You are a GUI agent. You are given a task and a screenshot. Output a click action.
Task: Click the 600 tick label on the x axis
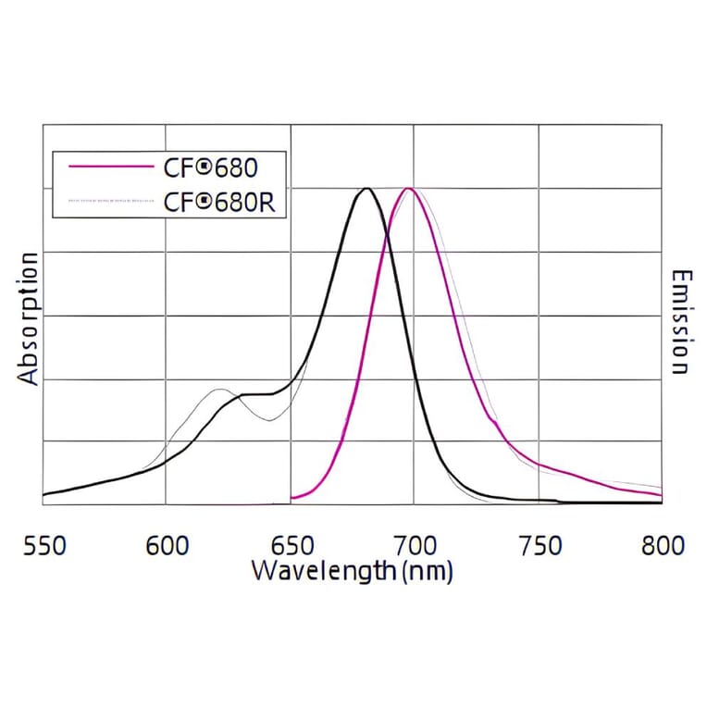coord(167,546)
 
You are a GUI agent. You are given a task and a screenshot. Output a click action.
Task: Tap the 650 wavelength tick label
coord(291,546)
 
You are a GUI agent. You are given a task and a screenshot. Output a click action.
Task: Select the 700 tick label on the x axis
coord(414,546)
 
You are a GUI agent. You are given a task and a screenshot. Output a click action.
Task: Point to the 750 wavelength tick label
coord(538,546)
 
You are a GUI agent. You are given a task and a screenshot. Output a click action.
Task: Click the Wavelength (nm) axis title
coord(352,571)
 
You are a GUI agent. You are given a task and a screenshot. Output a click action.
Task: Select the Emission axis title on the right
coord(680,322)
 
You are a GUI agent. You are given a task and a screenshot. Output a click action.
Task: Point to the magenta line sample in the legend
coord(109,167)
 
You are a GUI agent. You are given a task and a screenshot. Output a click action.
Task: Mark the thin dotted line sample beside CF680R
coord(109,199)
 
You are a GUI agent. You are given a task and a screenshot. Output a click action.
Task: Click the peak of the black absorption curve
coord(367,189)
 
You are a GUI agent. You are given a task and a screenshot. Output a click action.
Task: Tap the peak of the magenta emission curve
coord(407,189)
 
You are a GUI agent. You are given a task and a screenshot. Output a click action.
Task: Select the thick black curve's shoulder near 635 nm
coord(248,395)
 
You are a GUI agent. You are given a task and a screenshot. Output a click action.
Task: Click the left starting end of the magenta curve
coord(293,500)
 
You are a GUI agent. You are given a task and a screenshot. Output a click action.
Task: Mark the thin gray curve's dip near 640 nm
coord(269,421)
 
